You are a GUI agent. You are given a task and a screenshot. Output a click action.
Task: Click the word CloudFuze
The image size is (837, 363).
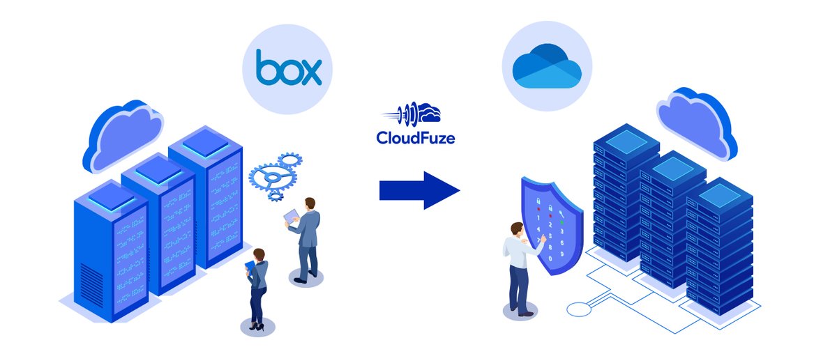415,138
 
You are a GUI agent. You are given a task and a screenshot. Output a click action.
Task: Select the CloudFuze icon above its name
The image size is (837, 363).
416,113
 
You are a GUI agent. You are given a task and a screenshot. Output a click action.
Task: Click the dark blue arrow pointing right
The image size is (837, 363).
419,190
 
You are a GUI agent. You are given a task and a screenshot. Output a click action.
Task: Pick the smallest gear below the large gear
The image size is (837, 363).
275,196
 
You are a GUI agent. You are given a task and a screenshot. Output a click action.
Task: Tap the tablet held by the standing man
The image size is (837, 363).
290,219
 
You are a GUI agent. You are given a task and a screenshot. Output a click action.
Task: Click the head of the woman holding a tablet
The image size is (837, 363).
259,254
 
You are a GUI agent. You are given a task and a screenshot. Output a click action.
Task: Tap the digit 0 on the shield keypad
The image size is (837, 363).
551,258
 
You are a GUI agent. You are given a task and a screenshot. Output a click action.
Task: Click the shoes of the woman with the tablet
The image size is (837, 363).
256,325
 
